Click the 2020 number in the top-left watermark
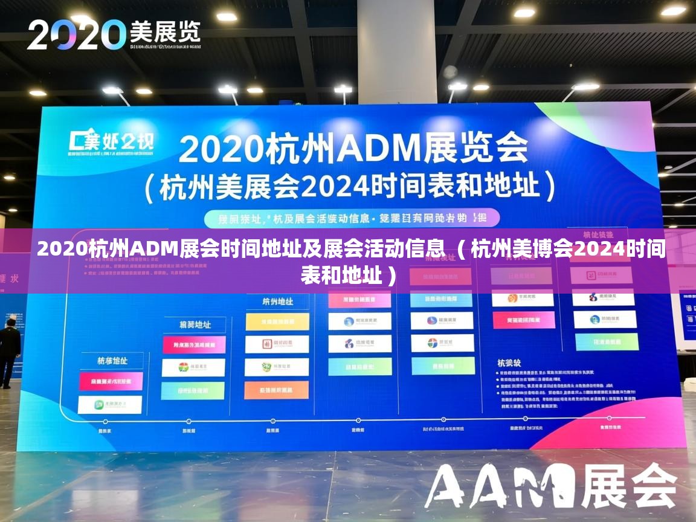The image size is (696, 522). [76, 34]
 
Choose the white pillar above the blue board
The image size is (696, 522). [397, 51]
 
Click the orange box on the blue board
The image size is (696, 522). [277, 390]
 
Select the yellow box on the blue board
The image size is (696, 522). [277, 321]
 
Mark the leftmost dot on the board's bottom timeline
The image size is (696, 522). [106, 421]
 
